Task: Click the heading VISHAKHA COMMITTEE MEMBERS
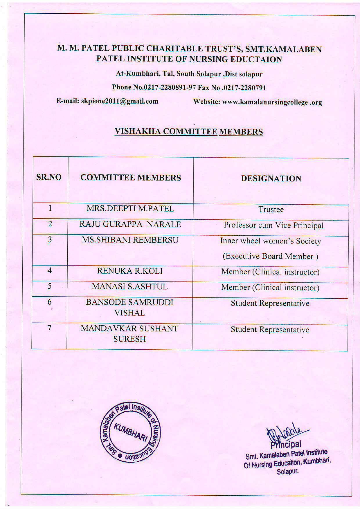click(x=189, y=131)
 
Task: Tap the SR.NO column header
click(x=49, y=177)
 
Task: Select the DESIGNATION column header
click(x=271, y=178)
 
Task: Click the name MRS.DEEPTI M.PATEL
click(x=130, y=209)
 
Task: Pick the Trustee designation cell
click(x=271, y=210)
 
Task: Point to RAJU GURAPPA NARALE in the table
click(x=130, y=224)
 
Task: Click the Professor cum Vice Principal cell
click(x=273, y=225)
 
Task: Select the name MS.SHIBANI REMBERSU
click(x=130, y=240)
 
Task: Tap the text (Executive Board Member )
click(x=270, y=256)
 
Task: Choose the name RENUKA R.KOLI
click(x=130, y=271)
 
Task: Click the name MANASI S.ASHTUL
click(x=130, y=287)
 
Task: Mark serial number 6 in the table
click(x=50, y=302)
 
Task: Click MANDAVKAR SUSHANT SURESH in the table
click(x=129, y=334)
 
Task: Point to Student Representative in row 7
click(x=270, y=330)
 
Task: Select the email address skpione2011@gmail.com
click(x=120, y=101)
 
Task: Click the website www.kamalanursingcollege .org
click(x=272, y=102)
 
